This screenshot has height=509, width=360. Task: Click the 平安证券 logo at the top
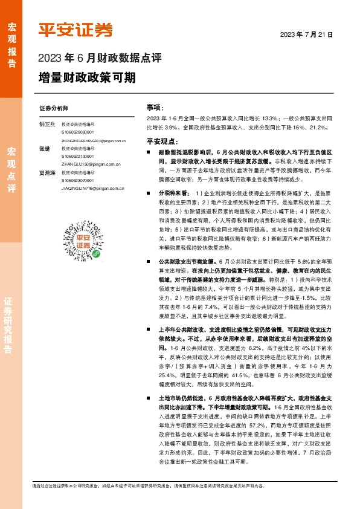tap(76, 29)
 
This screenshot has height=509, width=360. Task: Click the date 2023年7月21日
tap(307, 35)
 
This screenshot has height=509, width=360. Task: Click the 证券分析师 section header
tap(54, 108)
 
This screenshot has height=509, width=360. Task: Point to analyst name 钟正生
tap(47, 123)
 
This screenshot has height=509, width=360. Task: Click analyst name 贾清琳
tap(47, 172)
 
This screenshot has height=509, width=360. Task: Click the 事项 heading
tap(154, 106)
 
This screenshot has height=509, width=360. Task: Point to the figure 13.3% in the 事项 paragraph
tap(271, 117)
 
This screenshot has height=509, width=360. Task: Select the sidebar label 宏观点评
tap(11, 169)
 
